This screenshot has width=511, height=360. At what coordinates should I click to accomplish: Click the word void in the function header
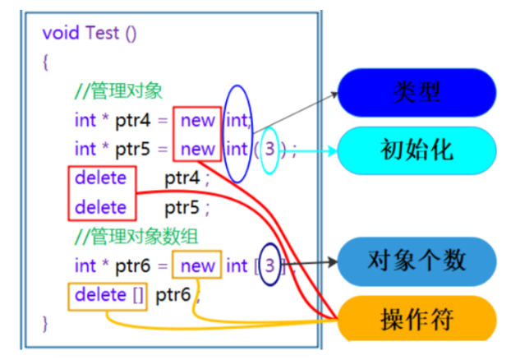point(59,33)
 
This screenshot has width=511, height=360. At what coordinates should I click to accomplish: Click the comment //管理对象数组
point(136,238)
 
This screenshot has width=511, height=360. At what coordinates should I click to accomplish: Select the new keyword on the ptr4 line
point(197,121)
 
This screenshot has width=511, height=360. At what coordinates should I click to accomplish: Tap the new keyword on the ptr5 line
point(197,149)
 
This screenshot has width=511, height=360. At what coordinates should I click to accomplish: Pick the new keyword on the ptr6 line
point(197,265)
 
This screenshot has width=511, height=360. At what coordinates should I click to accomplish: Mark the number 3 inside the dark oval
point(270,265)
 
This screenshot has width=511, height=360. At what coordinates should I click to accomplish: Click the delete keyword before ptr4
point(100,178)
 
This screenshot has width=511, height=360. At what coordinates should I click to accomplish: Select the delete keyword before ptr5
point(100,207)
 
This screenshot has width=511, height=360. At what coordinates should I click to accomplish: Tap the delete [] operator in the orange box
point(109,294)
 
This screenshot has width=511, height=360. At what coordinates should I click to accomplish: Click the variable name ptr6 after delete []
point(173,294)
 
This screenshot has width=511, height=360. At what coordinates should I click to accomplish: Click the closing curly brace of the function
point(46,322)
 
